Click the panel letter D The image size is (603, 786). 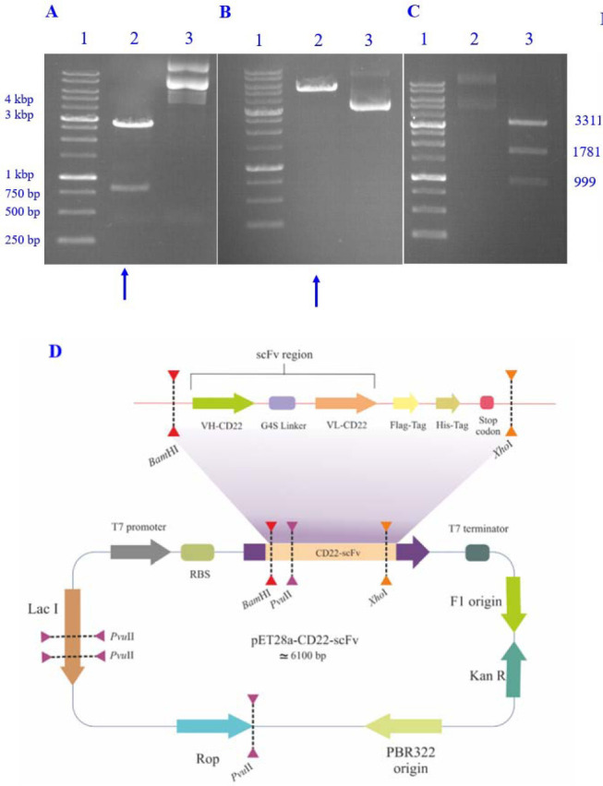54,352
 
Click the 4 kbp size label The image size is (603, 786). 18,99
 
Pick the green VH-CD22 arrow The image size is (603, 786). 223,403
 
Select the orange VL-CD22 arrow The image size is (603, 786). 344,403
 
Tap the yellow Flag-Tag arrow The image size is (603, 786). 405,403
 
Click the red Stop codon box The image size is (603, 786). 487,403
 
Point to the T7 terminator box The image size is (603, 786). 477,553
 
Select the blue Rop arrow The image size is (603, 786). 212,726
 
